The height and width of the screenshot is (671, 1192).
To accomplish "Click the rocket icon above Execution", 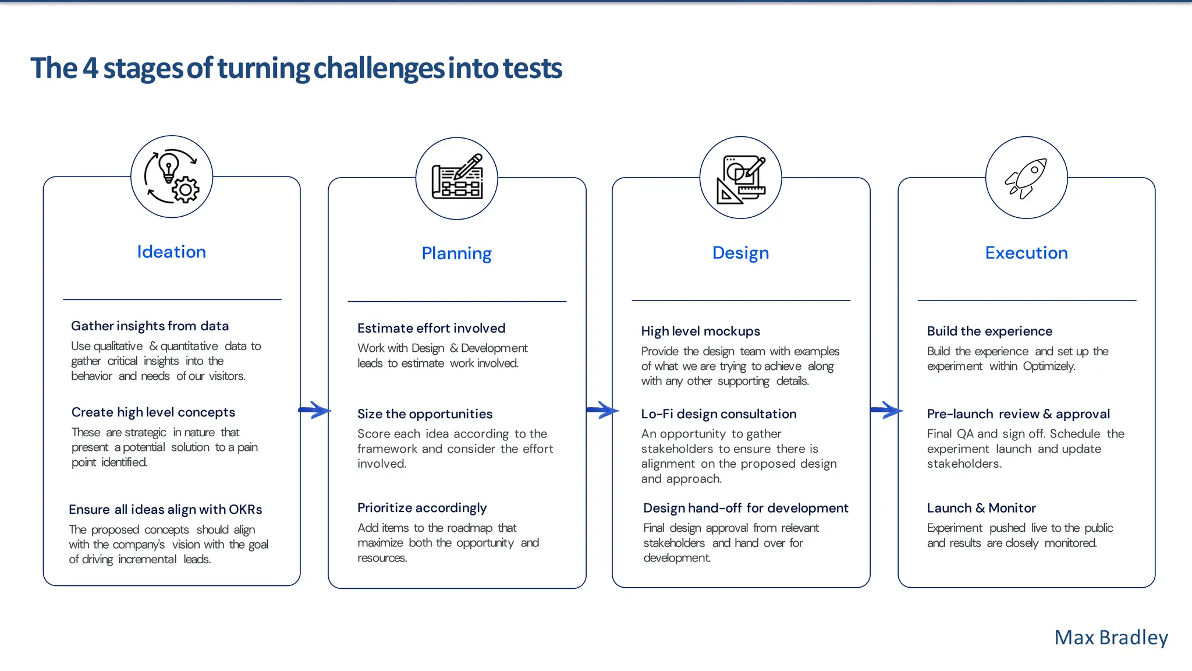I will pos(1026,178).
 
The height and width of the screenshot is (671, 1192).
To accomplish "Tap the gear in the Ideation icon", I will pos(186,189).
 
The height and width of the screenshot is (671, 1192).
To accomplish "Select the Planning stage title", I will pos(456,253).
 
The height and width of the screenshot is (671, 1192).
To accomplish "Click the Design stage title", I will pos(740,253).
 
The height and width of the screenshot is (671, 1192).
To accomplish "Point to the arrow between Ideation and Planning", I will pos(314,410).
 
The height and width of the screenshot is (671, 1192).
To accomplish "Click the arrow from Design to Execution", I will pos(886,410).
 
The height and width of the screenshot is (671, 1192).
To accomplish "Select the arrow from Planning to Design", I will pos(602,410).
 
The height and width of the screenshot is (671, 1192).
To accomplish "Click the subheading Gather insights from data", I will pos(150,326).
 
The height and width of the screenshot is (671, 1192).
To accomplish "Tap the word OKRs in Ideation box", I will pos(245,510).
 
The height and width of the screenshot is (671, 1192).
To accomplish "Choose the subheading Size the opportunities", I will pos(424,414).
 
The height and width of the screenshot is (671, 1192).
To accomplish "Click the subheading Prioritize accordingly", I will pos(422,508).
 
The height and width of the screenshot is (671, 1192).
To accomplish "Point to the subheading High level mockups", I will pos(700,331).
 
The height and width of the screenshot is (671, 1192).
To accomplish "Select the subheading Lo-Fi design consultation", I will pos(718,414).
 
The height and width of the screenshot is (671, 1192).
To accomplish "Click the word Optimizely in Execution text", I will pos(1049,366).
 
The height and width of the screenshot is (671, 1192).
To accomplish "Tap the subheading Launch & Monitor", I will pos(981,508).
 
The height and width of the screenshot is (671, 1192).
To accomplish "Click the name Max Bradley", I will pos(1111,638).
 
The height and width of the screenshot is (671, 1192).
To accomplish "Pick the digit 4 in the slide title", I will pos(90,69).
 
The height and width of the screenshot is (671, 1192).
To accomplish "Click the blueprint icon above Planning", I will pos(457,178).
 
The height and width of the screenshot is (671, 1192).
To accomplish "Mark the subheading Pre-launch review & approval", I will pos(1018,414).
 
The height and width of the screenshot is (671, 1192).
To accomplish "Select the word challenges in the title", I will pos(379,69).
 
